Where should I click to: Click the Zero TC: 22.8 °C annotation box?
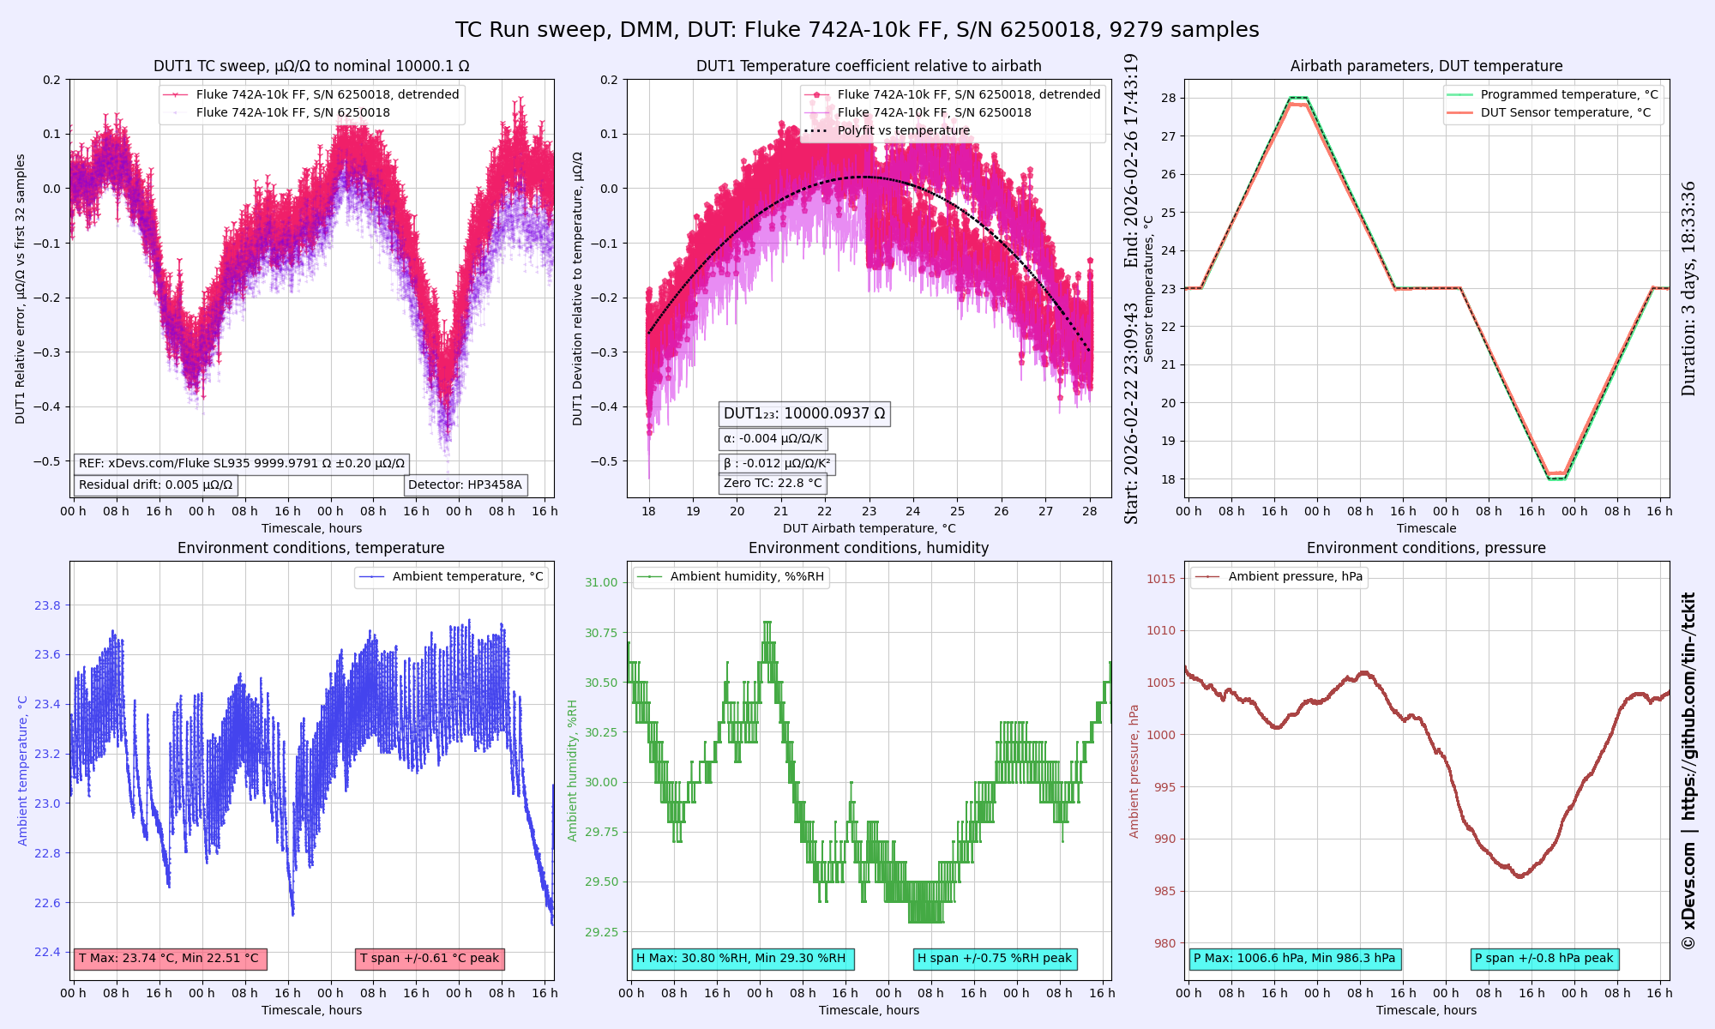click(x=773, y=484)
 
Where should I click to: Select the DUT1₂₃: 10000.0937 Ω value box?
click(x=804, y=414)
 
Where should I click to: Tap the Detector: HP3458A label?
click(x=465, y=485)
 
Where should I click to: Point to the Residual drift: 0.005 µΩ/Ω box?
click(x=155, y=485)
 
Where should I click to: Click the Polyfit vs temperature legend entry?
click(x=904, y=131)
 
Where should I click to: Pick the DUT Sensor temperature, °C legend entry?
click(x=1565, y=113)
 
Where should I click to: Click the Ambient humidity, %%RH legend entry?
click(x=747, y=577)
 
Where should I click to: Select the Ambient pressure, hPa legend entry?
click(x=1295, y=577)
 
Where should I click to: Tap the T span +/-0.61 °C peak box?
click(x=430, y=959)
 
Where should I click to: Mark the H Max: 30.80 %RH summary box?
click(x=742, y=959)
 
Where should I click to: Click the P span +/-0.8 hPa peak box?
click(x=1544, y=959)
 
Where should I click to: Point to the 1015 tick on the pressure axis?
click(x=1161, y=579)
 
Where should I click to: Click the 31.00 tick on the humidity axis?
click(x=601, y=583)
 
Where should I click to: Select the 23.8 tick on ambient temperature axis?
click(x=48, y=606)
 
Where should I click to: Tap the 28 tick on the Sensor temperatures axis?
click(x=1169, y=98)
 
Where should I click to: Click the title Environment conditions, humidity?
click(x=869, y=549)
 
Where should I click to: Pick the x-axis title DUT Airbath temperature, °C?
click(x=869, y=529)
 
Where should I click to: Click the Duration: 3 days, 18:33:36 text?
click(x=1688, y=288)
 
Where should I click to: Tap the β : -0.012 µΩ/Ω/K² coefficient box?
click(x=777, y=464)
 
